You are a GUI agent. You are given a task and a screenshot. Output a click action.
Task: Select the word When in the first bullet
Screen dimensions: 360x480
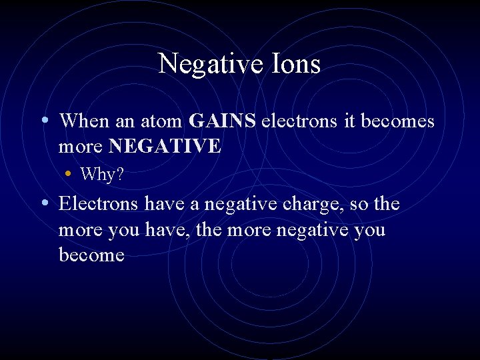83,121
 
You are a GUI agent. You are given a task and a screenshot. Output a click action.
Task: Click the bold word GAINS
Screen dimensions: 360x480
223,121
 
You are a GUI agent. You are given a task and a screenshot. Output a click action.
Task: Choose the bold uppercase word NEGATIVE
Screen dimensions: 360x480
165,146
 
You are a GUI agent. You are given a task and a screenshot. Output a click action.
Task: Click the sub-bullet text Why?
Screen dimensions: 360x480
102,175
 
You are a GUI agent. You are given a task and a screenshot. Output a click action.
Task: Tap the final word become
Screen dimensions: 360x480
91,255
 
